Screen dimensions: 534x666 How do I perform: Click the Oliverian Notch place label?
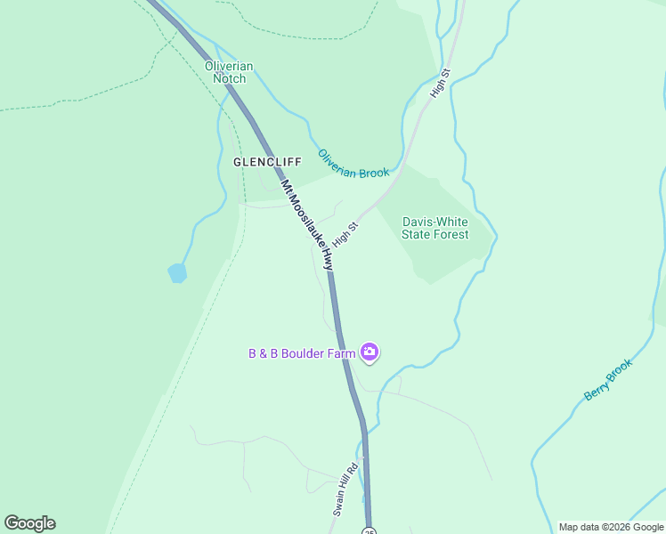pos(229,72)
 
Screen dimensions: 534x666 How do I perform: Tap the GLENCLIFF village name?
pos(267,162)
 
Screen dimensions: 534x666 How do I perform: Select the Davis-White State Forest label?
pos(435,228)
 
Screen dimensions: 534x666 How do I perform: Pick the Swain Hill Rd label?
pos(345,489)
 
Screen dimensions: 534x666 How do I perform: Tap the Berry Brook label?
pos(608,379)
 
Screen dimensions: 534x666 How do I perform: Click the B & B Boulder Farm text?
pos(302,353)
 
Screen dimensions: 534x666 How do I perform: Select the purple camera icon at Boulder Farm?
pos(370,353)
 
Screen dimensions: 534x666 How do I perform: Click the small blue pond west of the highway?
pos(177,272)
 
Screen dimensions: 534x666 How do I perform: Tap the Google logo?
pos(29,523)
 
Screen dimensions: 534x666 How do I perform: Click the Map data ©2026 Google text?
pos(611,527)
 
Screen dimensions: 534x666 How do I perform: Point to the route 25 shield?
pos(369,530)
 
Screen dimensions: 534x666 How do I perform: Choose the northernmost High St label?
pos(441,83)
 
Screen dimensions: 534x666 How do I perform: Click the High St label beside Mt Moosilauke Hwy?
pos(345,235)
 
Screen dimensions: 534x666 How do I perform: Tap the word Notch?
pos(229,78)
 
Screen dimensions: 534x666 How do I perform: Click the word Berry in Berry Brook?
pos(596,389)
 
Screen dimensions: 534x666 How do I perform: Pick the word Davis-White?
pos(435,222)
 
